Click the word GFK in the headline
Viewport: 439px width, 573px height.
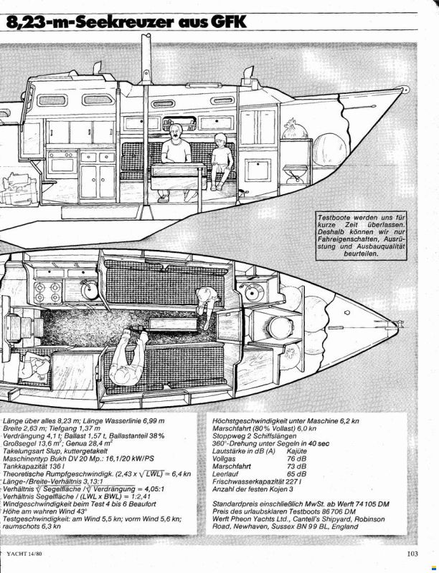228,21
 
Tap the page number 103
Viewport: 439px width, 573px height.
412,554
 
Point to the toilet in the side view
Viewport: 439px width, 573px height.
296,173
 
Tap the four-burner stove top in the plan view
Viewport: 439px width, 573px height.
47,293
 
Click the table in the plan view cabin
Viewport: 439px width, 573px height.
173,324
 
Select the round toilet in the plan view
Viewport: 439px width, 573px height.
280,327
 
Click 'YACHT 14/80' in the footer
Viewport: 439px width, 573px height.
24,554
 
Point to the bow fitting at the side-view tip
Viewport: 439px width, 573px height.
404,89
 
